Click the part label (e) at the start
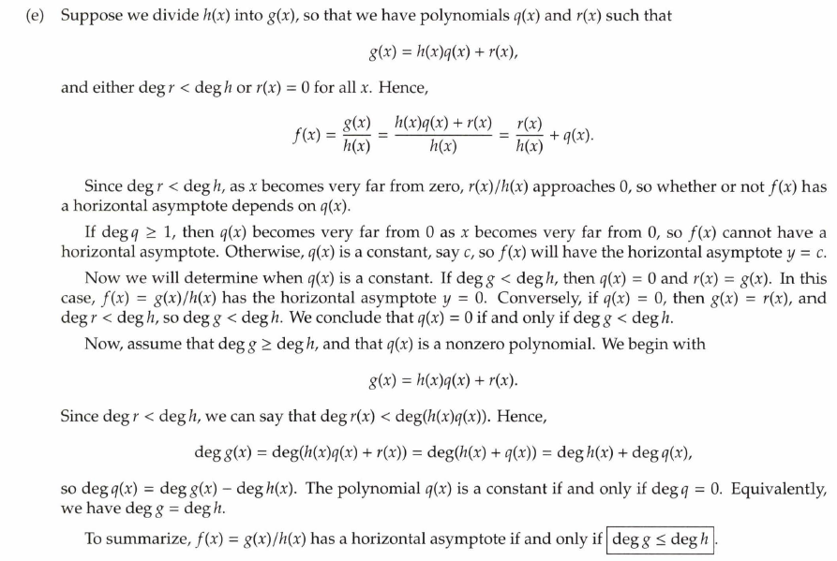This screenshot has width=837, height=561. click(x=35, y=17)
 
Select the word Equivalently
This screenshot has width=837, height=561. click(x=784, y=489)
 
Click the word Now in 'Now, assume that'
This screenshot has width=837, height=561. click(x=102, y=345)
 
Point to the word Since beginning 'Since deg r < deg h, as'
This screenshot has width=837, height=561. click(x=103, y=186)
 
